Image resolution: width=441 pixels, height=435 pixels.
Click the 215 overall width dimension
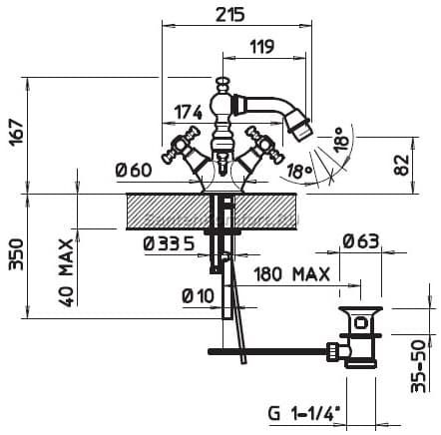click(229, 15)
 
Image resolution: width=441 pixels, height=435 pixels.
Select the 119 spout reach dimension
click(262, 47)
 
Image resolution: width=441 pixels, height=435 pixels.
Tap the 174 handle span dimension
click(189, 112)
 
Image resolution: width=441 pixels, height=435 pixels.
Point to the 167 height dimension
click(16, 133)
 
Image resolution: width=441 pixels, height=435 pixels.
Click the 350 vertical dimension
click(16, 254)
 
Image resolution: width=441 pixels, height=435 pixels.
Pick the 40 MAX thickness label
click(66, 272)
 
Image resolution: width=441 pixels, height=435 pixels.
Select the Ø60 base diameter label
click(134, 171)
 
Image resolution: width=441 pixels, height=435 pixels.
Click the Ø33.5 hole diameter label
click(169, 244)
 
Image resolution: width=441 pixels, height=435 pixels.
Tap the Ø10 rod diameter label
click(199, 295)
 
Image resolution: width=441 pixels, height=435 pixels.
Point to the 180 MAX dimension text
click(292, 274)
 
